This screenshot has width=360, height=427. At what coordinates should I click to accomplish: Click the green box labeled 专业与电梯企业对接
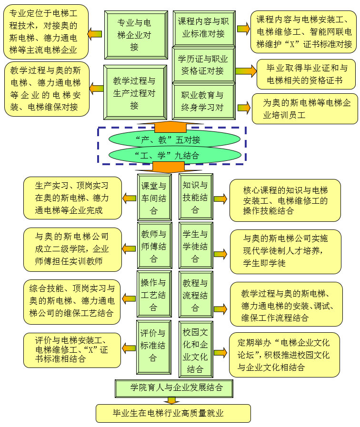135,34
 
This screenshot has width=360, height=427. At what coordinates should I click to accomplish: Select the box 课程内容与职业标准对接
203,28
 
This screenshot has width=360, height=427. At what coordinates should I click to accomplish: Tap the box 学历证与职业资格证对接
203,65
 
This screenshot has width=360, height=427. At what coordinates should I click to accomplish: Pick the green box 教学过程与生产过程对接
135,92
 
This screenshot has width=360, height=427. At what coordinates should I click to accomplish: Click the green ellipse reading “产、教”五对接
174,139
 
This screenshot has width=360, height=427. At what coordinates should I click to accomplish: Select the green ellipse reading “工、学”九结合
174,155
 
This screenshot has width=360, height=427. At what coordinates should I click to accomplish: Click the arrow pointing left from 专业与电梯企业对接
95,34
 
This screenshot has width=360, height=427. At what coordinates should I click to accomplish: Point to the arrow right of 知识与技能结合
220,199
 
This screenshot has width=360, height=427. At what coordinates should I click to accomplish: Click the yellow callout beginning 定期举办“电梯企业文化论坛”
284,355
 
